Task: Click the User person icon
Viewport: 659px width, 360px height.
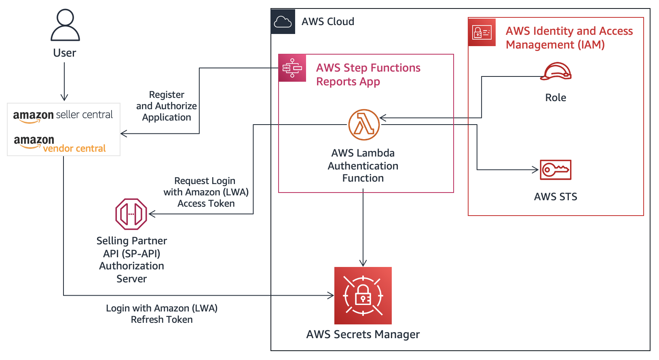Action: click(65, 25)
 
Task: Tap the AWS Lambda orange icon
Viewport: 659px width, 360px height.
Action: click(364, 125)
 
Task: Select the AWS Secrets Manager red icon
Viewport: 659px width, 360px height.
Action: click(363, 295)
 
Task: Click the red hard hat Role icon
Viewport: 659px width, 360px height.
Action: click(556, 72)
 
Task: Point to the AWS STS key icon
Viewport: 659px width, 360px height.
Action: click(556, 170)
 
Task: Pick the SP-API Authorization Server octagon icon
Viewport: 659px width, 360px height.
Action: click(131, 214)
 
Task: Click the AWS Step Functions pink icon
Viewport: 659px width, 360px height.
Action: click(292, 68)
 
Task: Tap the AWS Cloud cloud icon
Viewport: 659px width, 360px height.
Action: click(283, 21)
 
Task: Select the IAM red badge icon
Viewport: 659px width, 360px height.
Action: click(482, 32)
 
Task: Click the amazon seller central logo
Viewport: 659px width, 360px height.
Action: click(63, 116)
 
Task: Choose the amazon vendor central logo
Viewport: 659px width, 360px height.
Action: click(60, 144)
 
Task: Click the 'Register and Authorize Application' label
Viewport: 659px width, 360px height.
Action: click(167, 106)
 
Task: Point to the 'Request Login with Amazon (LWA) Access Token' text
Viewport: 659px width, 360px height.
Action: click(206, 192)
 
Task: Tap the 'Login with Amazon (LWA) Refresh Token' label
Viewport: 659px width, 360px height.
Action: click(162, 314)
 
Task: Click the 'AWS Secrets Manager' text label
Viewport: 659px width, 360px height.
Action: click(363, 335)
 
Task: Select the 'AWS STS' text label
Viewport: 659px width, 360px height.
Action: click(556, 197)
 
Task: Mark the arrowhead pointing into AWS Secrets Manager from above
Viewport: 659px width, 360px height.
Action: click(363, 263)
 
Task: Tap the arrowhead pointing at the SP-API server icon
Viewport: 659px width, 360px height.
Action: click(152, 214)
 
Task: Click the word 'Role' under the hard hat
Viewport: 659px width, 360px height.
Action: click(556, 97)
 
